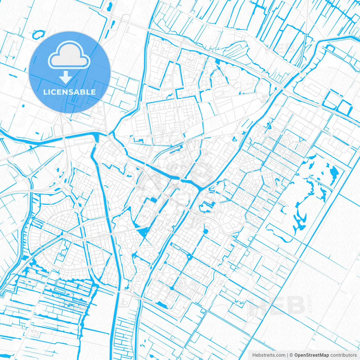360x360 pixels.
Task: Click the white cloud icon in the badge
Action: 69,55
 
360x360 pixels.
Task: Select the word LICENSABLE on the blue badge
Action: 69,92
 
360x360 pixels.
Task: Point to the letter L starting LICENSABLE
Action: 45,92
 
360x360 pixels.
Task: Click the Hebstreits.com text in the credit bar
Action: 269,355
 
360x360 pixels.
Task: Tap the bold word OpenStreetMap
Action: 312,355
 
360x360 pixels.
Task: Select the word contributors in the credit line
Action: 343,355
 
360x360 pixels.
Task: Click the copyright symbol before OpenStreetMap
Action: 291,355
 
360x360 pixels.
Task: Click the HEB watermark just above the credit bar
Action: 277,305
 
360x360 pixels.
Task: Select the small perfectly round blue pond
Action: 206,231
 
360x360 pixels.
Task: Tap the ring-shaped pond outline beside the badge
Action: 39,34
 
